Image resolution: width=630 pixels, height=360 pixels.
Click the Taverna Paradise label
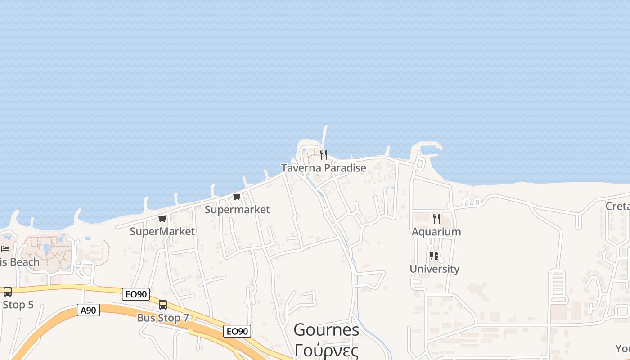[324, 168]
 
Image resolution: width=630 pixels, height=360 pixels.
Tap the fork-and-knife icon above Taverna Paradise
[324, 155]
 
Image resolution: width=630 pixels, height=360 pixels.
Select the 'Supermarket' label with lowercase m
[237, 209]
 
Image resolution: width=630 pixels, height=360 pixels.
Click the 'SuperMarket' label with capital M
[162, 231]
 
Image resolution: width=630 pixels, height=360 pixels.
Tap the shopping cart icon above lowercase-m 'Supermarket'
[237, 196]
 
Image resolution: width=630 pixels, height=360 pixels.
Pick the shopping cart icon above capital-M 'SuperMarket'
[162, 218]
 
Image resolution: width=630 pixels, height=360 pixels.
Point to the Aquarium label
[436, 232]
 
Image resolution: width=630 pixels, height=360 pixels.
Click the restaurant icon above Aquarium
[436, 219]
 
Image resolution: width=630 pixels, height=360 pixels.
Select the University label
[434, 269]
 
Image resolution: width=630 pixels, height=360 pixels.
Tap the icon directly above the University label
[434, 256]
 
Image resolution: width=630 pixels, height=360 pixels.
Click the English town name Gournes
[326, 330]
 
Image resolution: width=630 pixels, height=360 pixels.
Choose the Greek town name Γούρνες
[326, 350]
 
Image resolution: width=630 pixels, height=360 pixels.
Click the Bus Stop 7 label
[163, 318]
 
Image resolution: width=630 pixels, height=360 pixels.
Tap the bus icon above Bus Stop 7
[163, 305]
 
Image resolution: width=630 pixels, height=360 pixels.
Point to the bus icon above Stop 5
[8, 292]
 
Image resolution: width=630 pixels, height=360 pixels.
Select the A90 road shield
[88, 310]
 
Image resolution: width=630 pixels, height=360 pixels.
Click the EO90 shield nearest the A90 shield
[136, 294]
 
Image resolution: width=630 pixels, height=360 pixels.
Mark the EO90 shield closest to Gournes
[237, 332]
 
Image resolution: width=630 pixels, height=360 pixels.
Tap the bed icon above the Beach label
[5, 249]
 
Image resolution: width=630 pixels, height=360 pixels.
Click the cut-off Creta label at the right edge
[617, 206]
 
